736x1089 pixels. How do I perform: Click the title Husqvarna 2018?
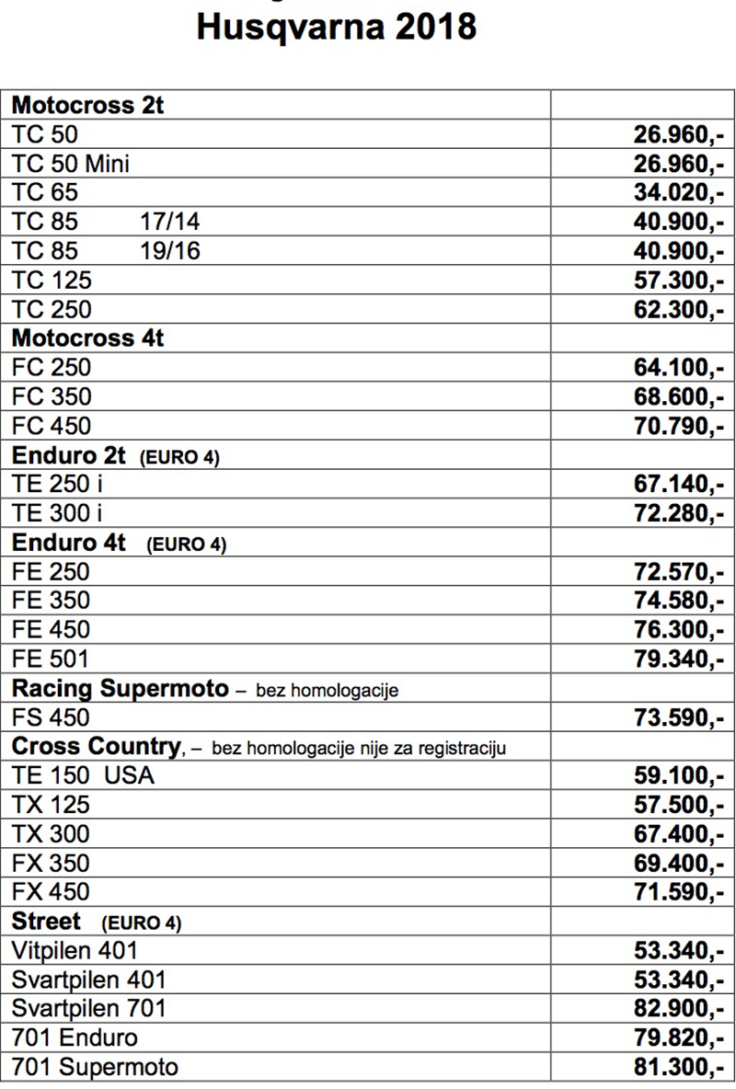pyautogui.click(x=337, y=27)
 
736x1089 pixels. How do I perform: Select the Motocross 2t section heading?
pyautogui.click(x=88, y=106)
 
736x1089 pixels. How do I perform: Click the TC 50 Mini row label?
pyautogui.click(x=70, y=164)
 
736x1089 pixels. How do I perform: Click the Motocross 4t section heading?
pyautogui.click(x=88, y=338)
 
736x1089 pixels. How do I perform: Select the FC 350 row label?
pyautogui.click(x=52, y=397)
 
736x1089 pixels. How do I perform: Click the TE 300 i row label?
pyautogui.click(x=57, y=514)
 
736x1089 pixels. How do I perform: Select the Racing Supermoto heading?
pyautogui.click(x=120, y=689)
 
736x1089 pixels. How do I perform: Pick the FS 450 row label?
pyautogui.click(x=52, y=718)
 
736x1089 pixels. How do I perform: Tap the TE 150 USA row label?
pyautogui.click(x=83, y=776)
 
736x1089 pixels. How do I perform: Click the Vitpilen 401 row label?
pyautogui.click(x=75, y=951)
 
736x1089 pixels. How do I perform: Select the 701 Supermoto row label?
pyautogui.click(x=95, y=1068)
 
